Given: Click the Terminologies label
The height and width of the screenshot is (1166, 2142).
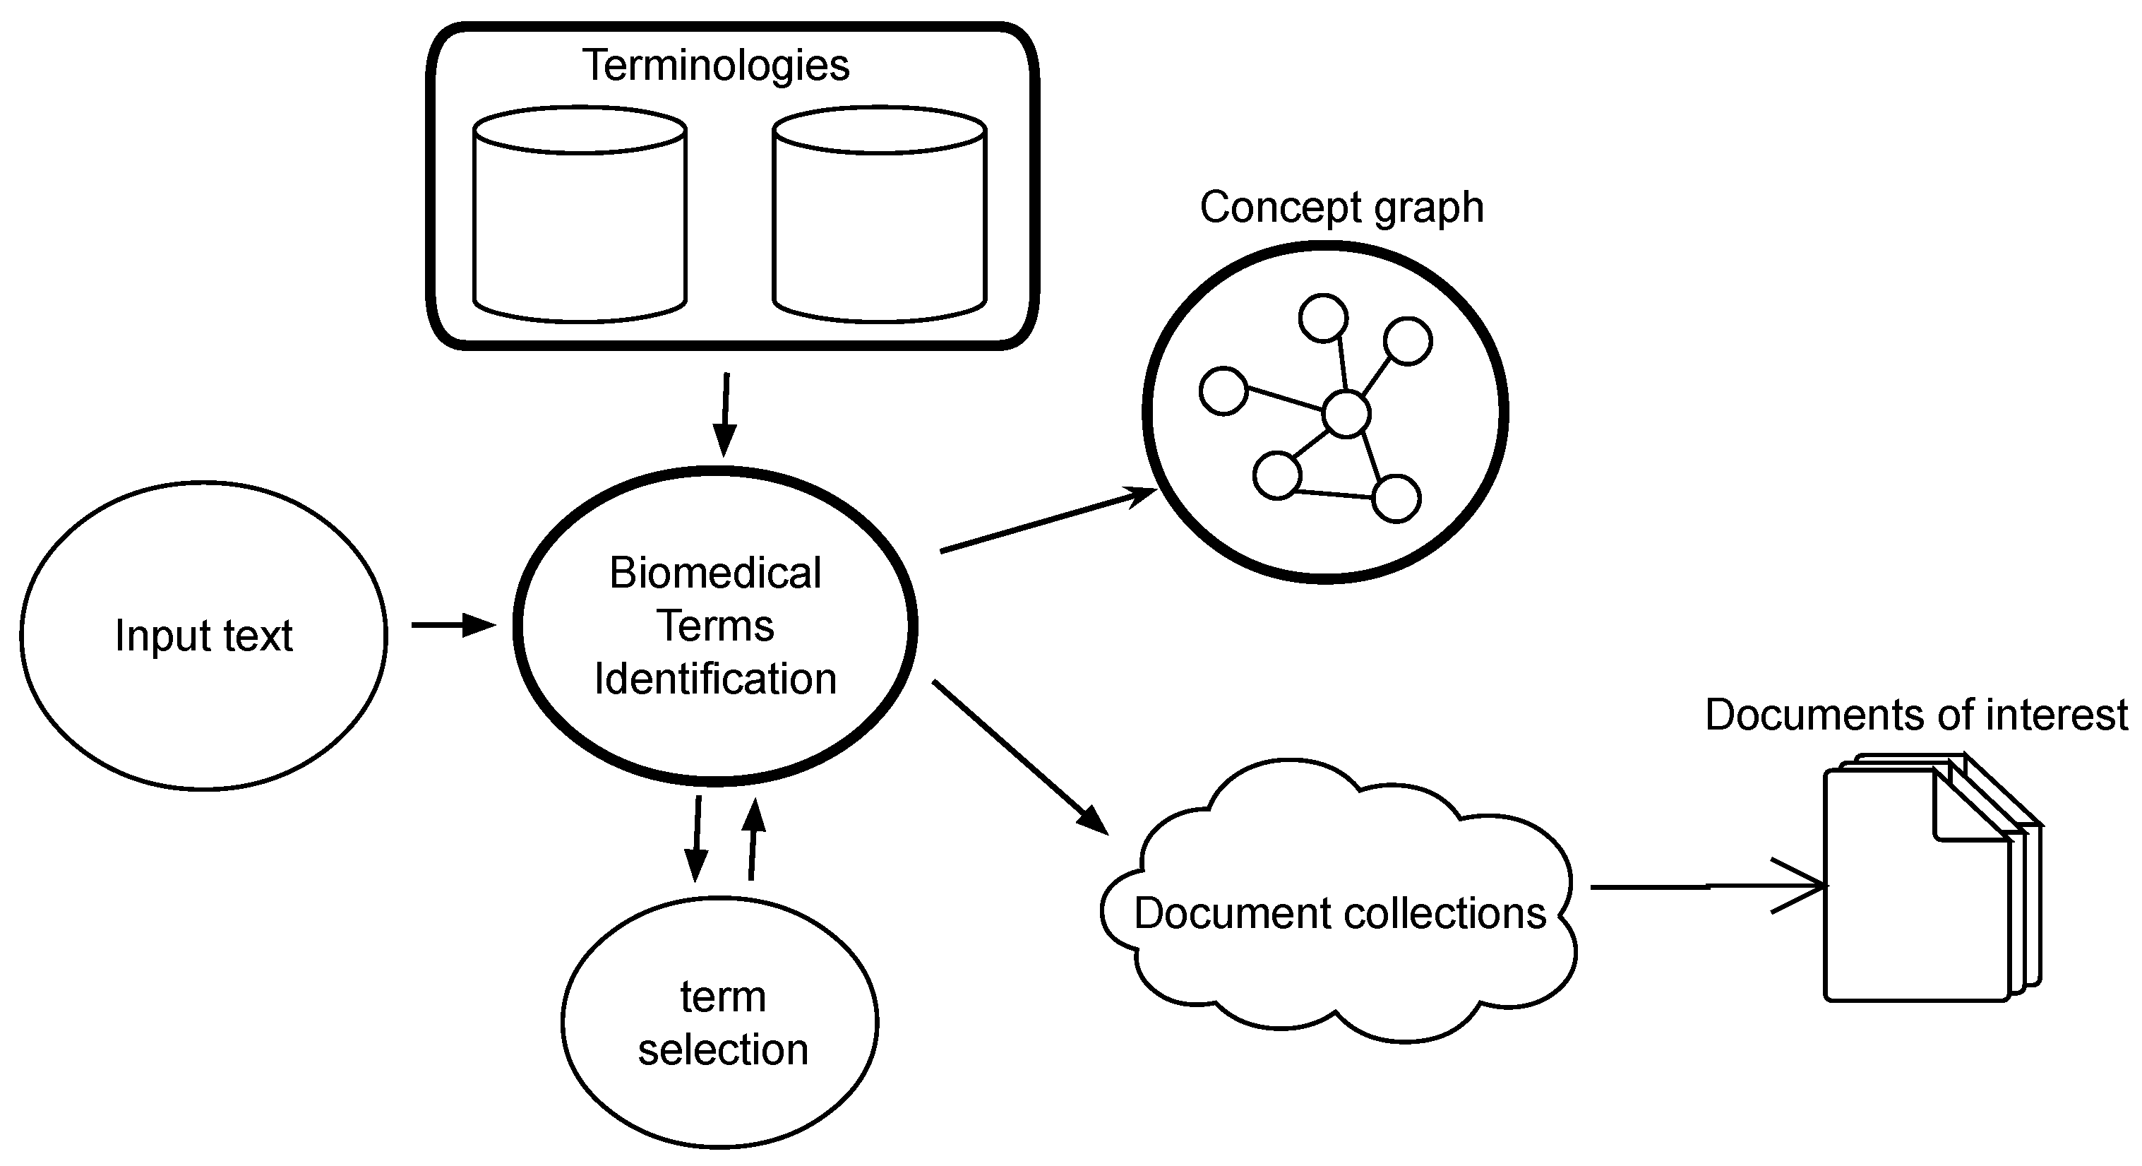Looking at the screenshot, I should point(715,65).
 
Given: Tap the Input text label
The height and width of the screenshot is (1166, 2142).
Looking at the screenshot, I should point(204,636).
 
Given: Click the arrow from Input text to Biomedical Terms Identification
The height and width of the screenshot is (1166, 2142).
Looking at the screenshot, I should point(453,624).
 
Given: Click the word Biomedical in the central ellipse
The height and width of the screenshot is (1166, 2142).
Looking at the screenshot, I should point(715,573).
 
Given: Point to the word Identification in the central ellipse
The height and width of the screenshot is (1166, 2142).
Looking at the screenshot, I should point(715,679).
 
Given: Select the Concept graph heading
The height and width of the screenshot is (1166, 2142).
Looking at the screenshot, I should point(1341,207).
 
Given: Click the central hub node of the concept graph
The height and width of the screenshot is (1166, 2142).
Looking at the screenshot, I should point(1346,413).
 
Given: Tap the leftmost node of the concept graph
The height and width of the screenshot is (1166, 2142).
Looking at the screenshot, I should point(1223,390).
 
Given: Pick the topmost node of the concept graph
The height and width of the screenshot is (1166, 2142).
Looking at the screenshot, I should point(1323,318).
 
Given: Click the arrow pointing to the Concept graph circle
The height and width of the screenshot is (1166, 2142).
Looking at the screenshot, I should point(1048,521).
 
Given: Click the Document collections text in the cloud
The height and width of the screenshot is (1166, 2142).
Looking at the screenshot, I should point(1339,913).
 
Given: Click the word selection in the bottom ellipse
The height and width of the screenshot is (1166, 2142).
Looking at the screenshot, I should point(723,1049).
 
